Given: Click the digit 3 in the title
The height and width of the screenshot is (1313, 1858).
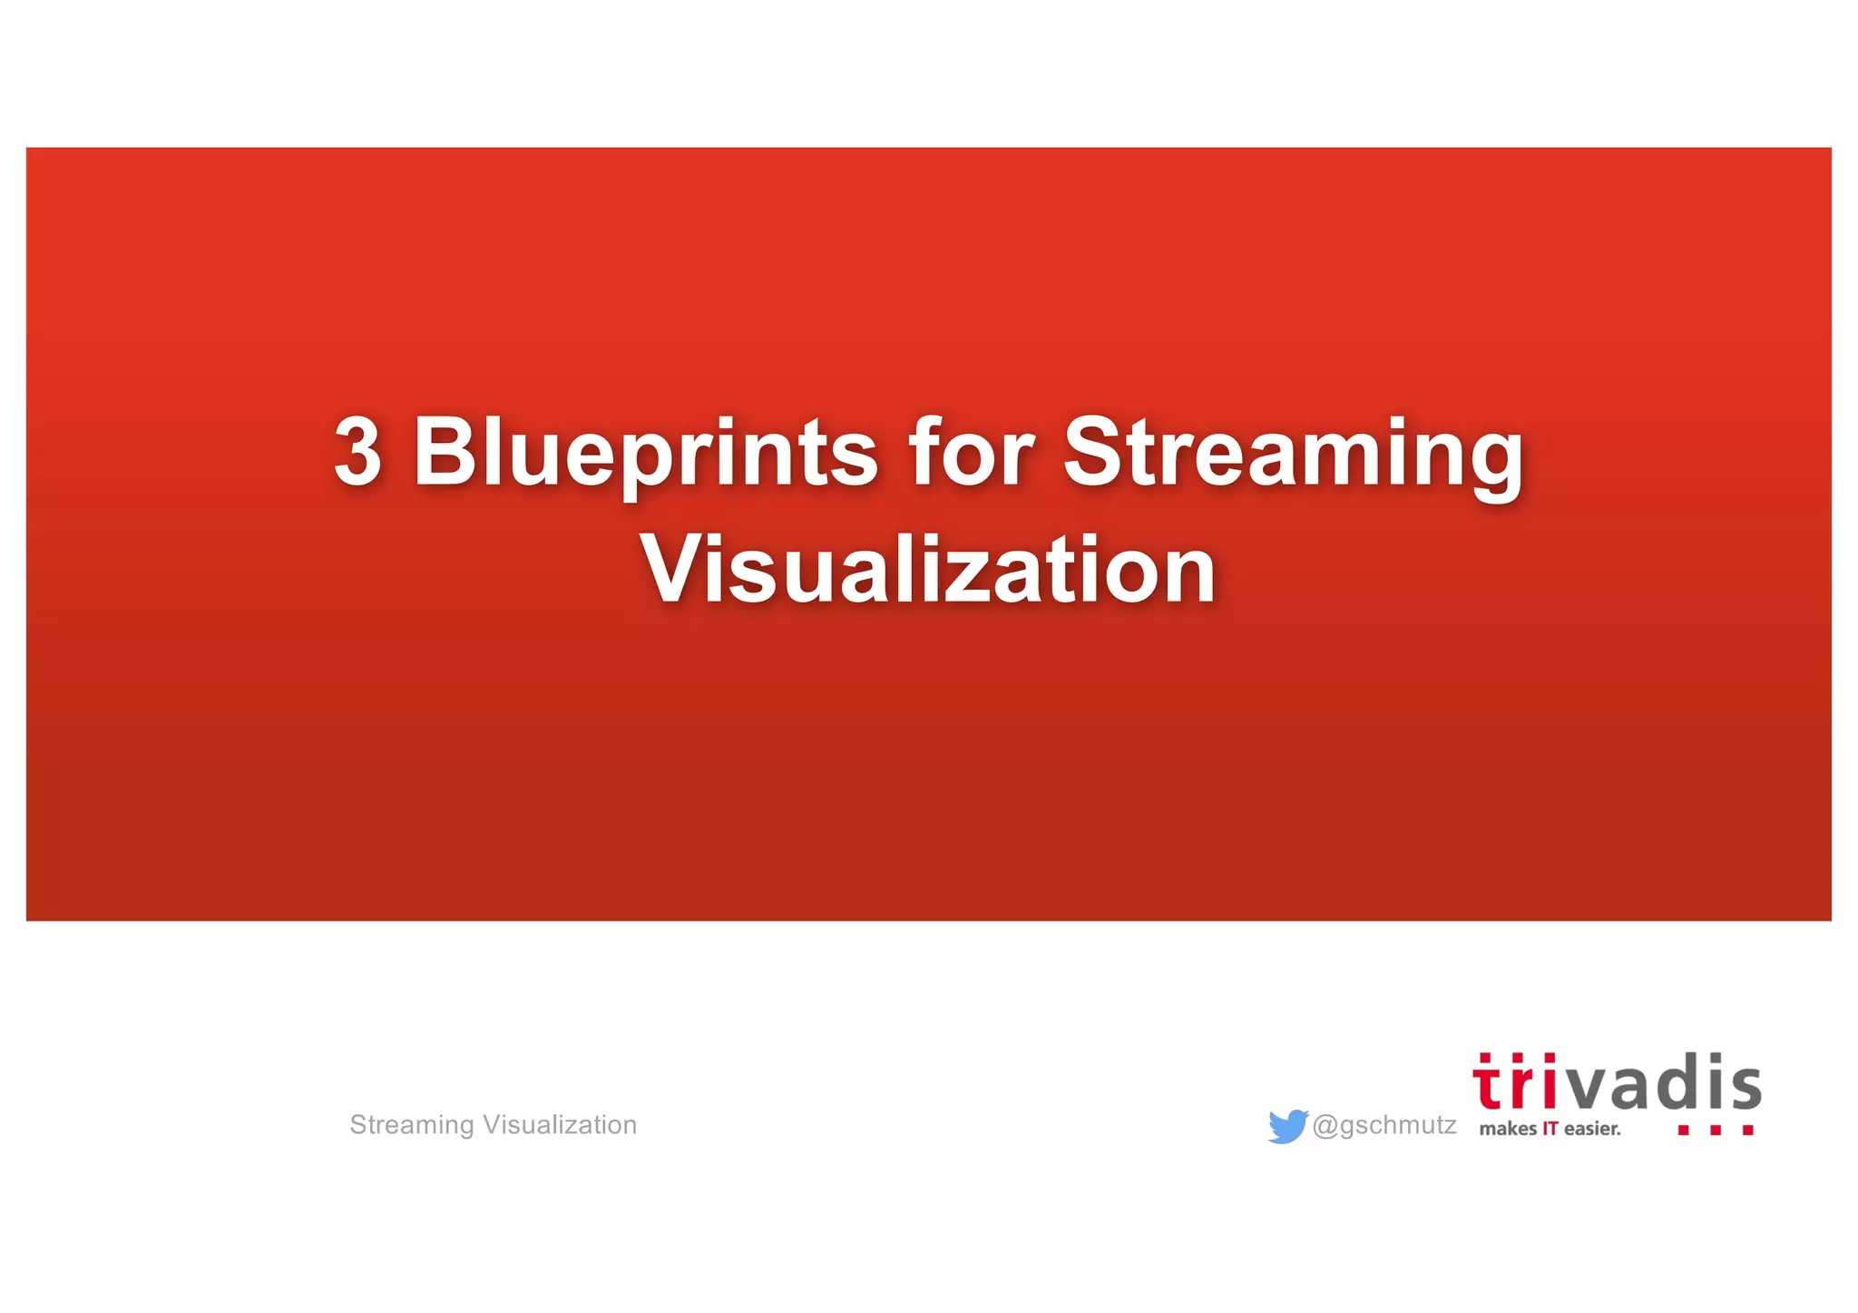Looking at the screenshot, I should click(357, 451).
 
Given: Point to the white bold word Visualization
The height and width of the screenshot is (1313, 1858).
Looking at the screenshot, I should click(927, 570).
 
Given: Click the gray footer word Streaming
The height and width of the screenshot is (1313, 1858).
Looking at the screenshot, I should click(412, 1125).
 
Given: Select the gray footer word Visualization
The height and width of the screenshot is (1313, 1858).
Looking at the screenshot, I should click(560, 1125).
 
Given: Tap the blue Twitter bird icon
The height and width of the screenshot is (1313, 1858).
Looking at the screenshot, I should click(1287, 1126).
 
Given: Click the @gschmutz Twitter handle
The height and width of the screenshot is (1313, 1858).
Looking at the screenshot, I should click(1384, 1125).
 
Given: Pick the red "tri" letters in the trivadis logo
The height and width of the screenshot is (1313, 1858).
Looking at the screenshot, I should click(1513, 1083).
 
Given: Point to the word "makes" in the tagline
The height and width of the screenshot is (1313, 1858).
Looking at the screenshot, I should click(1508, 1129).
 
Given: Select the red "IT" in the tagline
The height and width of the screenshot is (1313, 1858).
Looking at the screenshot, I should click(1550, 1129).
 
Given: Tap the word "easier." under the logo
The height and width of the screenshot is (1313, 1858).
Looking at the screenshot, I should click(1592, 1129).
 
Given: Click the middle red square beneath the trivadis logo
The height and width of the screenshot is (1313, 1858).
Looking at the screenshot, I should click(1715, 1131).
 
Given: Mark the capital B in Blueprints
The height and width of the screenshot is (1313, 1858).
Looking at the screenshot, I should click(444, 451).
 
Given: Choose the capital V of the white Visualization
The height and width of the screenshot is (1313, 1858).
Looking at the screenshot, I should click(675, 568).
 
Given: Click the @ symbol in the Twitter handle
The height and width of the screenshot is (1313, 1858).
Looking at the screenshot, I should click(1325, 1125).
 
